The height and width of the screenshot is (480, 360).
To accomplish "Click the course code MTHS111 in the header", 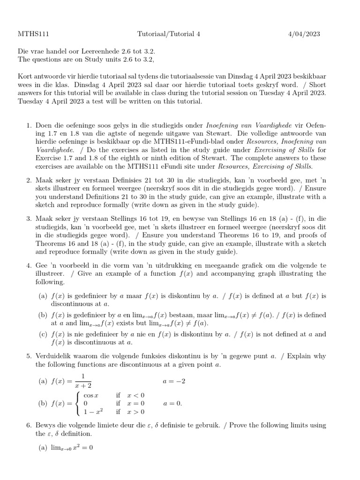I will [33, 34].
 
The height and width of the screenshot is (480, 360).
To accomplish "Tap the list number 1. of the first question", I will [29, 126].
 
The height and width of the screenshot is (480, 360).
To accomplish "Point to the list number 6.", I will [29, 425].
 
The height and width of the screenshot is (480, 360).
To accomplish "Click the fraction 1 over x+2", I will [82, 381].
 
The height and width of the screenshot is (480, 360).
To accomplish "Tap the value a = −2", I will [174, 381].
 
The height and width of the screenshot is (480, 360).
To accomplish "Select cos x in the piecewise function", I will [91, 395].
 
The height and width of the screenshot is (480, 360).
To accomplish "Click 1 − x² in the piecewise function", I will [93, 412].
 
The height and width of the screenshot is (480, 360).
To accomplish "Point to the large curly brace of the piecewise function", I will [78, 403].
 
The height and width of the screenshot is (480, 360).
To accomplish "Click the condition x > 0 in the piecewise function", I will [136, 412].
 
